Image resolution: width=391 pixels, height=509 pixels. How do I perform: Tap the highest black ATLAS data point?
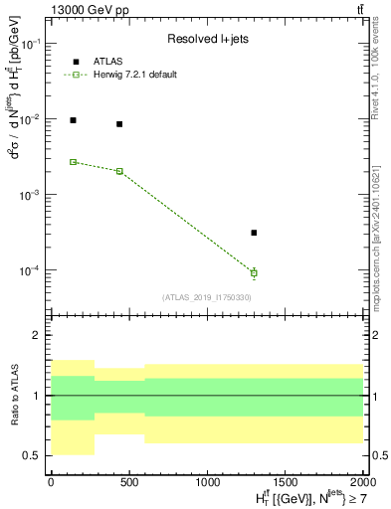tap(73, 120)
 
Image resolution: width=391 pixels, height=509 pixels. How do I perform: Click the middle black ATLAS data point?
tap(119, 124)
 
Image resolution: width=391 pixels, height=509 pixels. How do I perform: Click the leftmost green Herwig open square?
tap(73, 162)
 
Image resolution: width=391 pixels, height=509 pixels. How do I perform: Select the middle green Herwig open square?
tap(119, 171)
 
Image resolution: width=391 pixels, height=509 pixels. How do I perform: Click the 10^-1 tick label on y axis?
tap(30, 45)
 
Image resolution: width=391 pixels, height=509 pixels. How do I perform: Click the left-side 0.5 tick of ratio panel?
tap(34, 455)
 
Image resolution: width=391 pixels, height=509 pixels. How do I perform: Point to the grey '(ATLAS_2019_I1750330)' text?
tap(207, 297)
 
